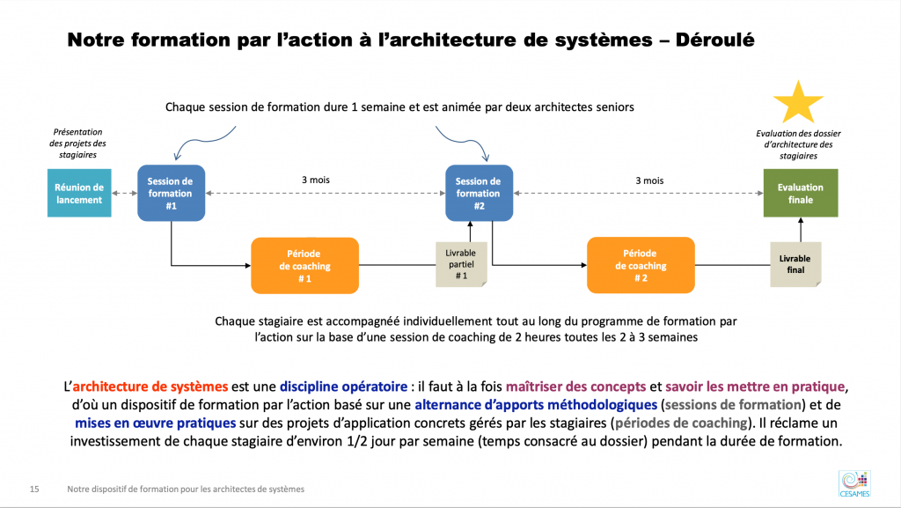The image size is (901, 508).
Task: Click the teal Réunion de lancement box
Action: [79, 193]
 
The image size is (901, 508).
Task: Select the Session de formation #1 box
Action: [172, 193]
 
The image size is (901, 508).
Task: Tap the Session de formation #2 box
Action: [480, 193]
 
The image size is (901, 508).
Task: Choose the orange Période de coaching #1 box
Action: [304, 266]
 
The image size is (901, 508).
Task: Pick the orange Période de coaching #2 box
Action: [641, 265]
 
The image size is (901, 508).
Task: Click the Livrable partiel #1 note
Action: [461, 264]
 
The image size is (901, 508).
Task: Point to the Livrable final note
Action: [795, 264]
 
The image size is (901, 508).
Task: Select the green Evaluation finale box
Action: [801, 193]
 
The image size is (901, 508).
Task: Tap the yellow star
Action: [798, 103]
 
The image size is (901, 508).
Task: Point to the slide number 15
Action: [34, 489]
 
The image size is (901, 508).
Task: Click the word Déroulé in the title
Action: [714, 40]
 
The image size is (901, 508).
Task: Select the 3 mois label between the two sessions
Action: [316, 180]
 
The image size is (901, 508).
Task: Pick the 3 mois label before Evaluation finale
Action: [649, 180]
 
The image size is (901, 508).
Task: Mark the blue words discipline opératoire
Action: [344, 387]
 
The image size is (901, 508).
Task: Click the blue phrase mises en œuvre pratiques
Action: [155, 423]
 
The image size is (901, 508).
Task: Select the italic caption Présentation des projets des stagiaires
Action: [77, 144]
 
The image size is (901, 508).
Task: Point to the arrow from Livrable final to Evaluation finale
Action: [801, 230]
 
